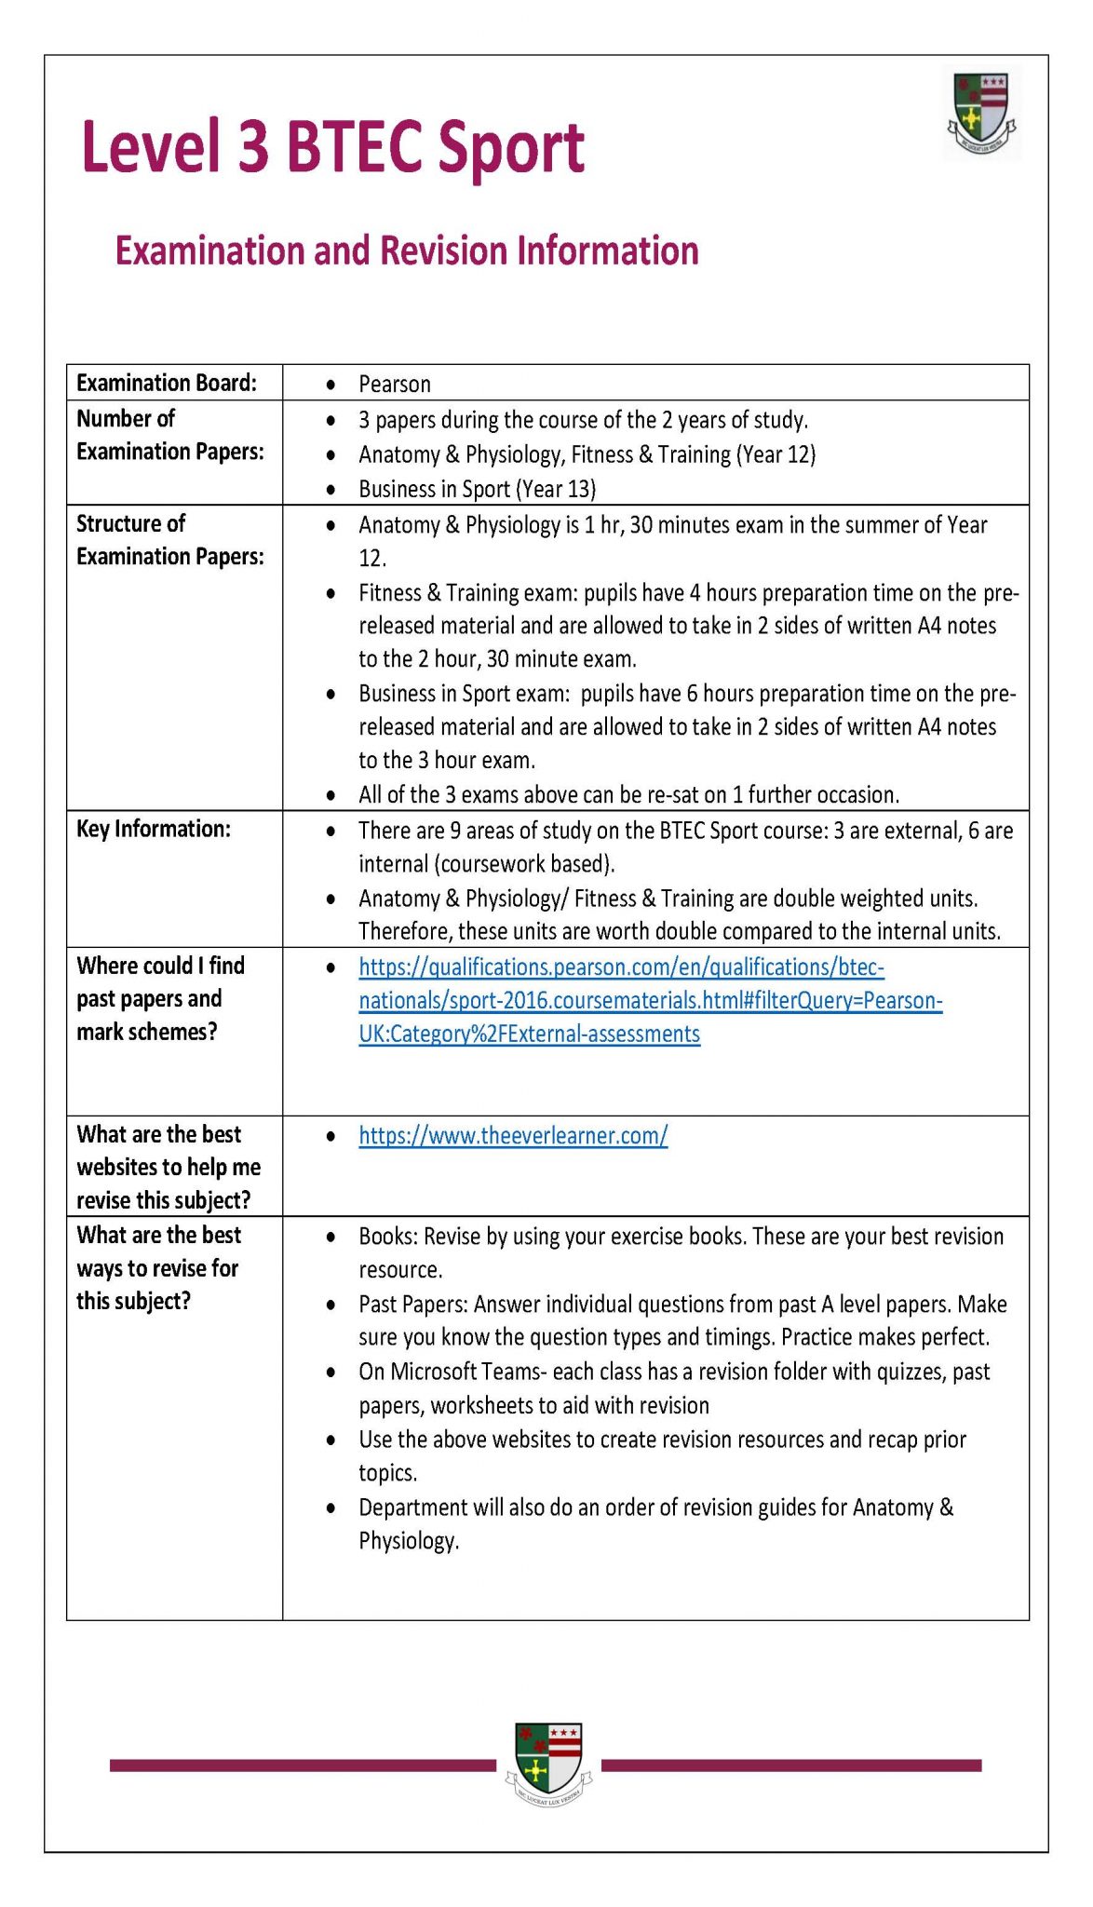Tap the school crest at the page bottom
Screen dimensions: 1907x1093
tap(548, 1763)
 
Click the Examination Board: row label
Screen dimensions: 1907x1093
tap(166, 384)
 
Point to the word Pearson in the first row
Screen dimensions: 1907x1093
tap(395, 385)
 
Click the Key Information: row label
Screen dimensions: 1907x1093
tap(153, 829)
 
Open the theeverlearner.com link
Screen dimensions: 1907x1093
tap(513, 1136)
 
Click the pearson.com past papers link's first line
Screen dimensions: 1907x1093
tap(621, 967)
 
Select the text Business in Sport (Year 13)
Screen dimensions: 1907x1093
tap(477, 489)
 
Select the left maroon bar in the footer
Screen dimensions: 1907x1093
tap(302, 1765)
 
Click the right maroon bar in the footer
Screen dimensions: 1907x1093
tap(791, 1765)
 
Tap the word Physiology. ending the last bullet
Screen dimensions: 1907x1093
tap(409, 1541)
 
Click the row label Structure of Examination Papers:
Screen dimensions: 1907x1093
tap(169, 540)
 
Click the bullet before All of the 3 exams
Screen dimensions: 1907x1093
tap(331, 796)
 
